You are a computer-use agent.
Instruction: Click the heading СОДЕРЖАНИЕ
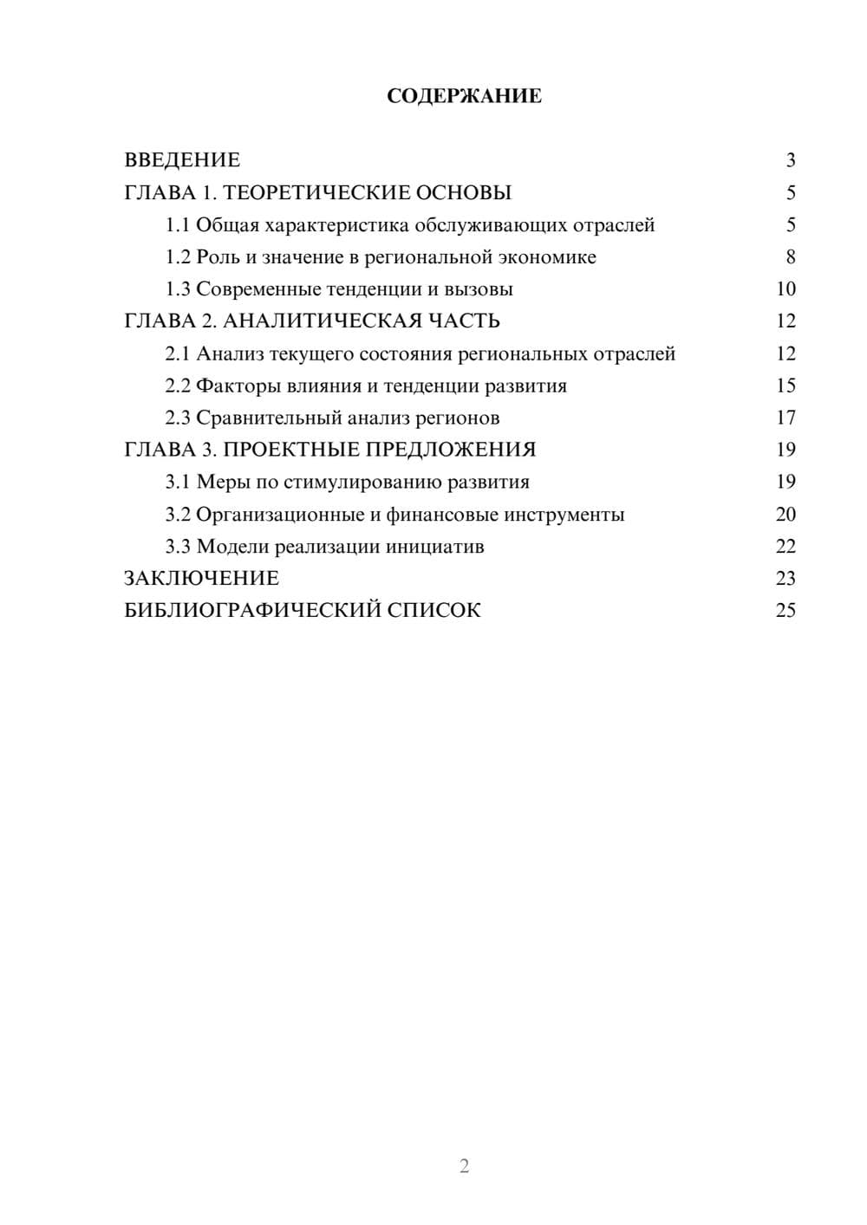tap(464, 96)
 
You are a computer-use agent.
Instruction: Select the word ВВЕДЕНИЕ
tap(182, 160)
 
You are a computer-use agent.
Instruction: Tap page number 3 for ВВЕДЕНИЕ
tap(790, 160)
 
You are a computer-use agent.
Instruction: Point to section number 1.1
tap(178, 225)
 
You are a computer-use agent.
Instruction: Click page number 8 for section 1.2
tap(790, 257)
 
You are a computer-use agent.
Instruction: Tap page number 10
tap(786, 289)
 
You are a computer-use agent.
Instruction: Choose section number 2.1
tap(178, 354)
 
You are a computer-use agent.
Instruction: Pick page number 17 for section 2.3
tap(786, 418)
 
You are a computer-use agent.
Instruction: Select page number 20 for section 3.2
tap(786, 515)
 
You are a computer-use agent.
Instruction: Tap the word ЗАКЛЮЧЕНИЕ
tap(201, 579)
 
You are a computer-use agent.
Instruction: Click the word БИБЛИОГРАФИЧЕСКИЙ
tap(252, 611)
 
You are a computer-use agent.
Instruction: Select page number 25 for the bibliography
tap(786, 611)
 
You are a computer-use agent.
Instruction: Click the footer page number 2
tap(464, 1166)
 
